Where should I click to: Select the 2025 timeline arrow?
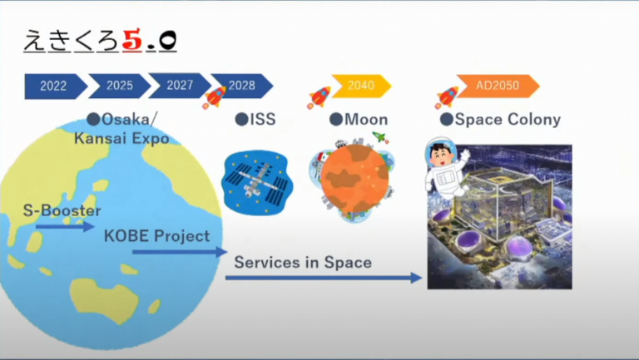point(120,86)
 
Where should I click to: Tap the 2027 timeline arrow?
point(180,85)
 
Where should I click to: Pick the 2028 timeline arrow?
point(242,86)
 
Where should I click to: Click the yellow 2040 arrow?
point(361,86)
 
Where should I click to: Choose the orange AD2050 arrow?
point(498,86)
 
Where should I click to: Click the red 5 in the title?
point(131,41)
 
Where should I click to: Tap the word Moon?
point(366,120)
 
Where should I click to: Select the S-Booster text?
point(62,210)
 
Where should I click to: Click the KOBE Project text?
point(157,236)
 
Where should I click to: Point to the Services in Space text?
point(303,262)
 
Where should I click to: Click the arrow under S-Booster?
point(65,226)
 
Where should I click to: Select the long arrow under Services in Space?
point(324,278)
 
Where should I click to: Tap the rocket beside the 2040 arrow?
point(319,98)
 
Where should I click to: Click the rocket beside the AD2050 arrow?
point(447,98)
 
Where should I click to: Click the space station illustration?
point(257,182)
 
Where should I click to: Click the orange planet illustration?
point(354,180)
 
